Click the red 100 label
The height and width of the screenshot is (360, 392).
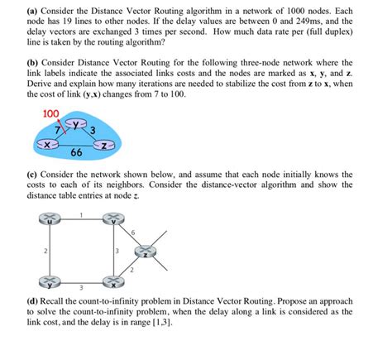coord(50,112)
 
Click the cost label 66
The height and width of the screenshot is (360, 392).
coord(76,154)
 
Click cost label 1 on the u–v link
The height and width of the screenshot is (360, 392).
coord(82,214)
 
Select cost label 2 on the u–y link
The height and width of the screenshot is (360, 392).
coord(45,250)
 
